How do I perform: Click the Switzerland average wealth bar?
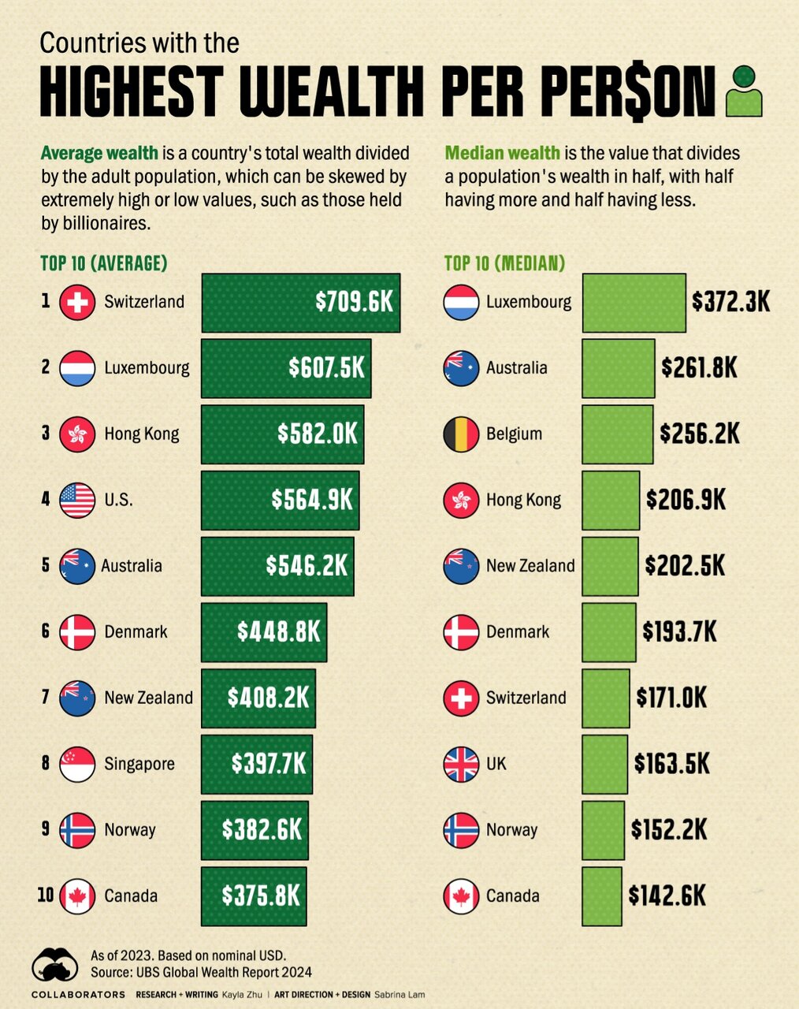300,303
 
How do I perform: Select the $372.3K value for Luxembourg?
730,302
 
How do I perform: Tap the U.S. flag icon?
77,500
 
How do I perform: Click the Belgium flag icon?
461,434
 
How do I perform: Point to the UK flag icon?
461,764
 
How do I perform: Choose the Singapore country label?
139,764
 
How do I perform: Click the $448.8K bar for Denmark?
263,632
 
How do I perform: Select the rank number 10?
45,895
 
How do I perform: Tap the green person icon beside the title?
744,91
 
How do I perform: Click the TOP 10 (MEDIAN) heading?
504,263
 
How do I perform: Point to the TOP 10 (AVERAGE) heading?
104,263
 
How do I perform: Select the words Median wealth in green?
502,153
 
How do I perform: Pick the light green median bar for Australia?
618,368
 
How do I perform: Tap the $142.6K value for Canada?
667,895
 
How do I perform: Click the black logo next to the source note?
54,964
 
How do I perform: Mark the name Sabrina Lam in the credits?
399,995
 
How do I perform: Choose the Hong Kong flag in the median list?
461,500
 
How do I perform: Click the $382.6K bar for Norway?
255,830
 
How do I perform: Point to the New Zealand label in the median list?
530,566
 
